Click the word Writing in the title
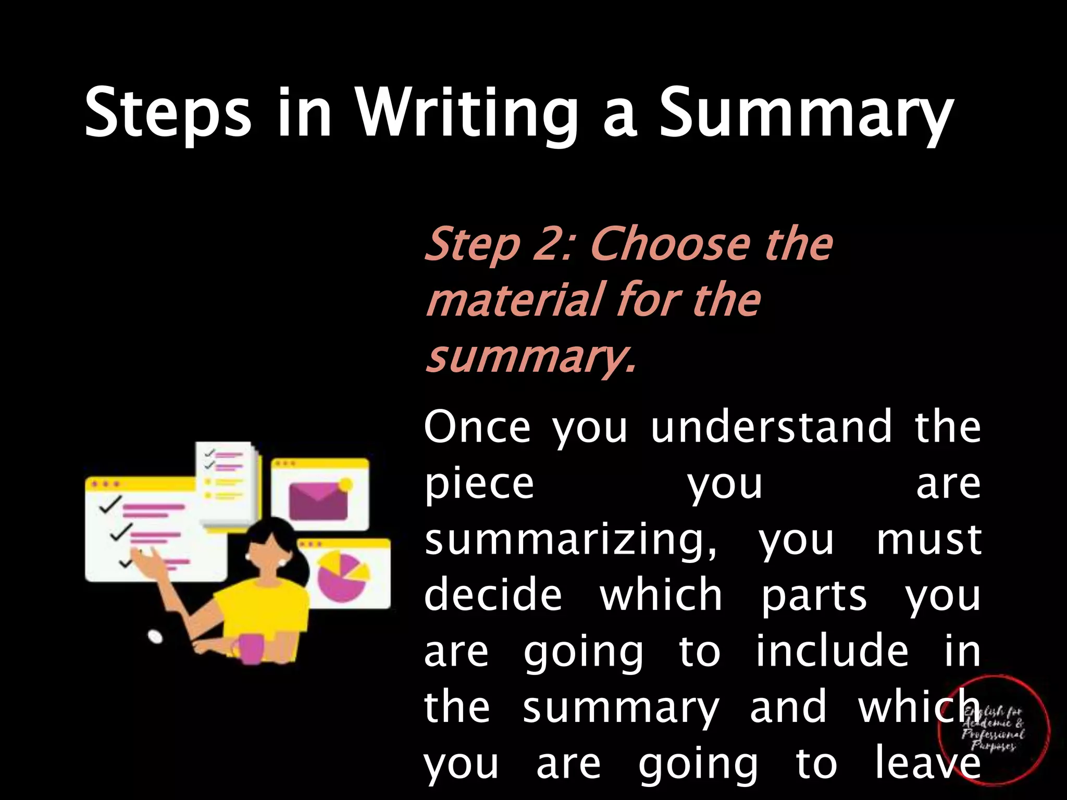[466, 114]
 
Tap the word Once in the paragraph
[477, 427]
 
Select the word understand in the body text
[772, 427]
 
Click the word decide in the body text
[493, 595]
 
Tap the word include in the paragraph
[832, 652]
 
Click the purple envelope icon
[318, 501]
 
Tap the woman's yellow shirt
[260, 604]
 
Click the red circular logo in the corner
[993, 729]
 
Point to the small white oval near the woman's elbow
[155, 636]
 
